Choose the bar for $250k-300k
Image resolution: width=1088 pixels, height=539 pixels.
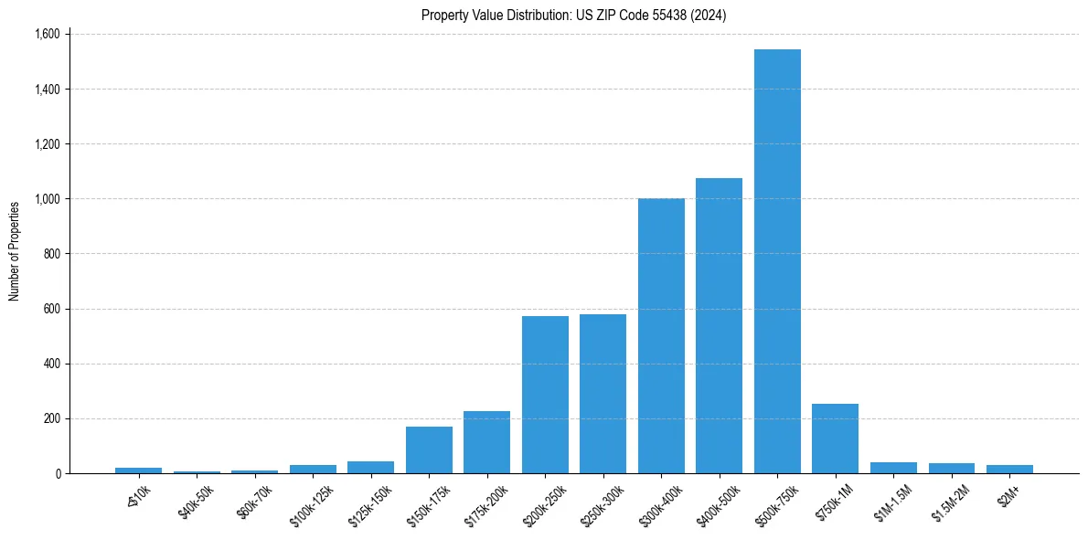[x=603, y=394]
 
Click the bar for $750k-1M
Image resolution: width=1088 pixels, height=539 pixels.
[x=835, y=439]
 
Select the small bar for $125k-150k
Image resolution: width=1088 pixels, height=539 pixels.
[x=370, y=467]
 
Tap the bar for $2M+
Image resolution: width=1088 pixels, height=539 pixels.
[x=1009, y=469]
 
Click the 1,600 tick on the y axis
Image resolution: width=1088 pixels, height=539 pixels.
[x=47, y=35]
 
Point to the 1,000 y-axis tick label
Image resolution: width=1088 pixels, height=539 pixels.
[x=47, y=199]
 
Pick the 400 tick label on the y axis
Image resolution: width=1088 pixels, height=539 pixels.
[x=51, y=364]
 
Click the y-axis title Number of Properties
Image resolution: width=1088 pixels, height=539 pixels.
[x=15, y=251]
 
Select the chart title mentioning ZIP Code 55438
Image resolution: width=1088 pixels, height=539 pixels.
[x=573, y=15]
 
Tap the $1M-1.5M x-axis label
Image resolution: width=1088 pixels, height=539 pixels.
[x=889, y=502]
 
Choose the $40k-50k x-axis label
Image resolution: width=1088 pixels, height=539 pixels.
[x=194, y=502]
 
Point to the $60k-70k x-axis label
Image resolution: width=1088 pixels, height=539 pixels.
[x=251, y=502]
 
